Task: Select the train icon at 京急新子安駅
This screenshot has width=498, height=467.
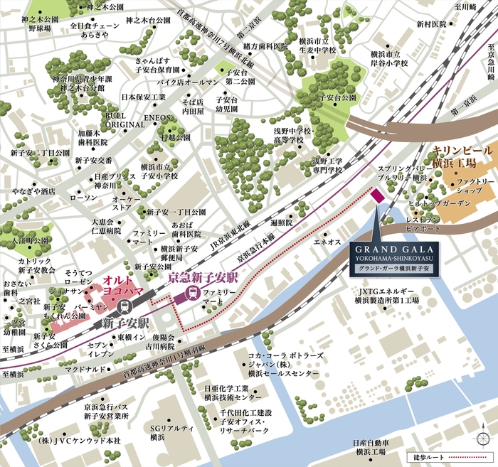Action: pos(191,293)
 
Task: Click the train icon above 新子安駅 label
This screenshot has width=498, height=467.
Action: pos(124,307)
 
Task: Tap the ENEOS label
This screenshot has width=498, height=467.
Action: pos(157,118)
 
